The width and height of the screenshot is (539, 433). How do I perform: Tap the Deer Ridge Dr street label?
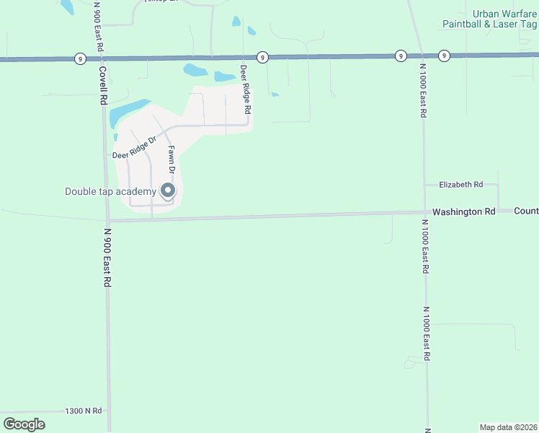coord(134,149)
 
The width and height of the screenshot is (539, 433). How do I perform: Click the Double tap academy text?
coord(110,191)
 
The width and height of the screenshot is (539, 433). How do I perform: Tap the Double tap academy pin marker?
coord(168,191)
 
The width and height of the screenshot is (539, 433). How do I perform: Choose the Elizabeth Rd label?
coord(460,185)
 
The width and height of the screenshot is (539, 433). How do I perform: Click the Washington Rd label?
coord(464,211)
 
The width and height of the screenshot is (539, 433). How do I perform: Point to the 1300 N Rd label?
coord(83,410)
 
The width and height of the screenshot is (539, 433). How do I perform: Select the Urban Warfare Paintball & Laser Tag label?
coord(491,19)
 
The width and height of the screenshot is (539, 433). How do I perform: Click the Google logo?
coord(24,424)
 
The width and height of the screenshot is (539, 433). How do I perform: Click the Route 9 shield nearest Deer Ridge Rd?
coord(262,57)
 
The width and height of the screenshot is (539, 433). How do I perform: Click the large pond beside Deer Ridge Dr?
coord(128,112)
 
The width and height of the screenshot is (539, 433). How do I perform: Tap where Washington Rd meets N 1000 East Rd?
coord(424,212)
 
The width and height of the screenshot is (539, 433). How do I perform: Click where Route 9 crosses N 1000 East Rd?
coord(420,55)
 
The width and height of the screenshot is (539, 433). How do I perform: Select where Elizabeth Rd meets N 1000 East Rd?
coord(424,185)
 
